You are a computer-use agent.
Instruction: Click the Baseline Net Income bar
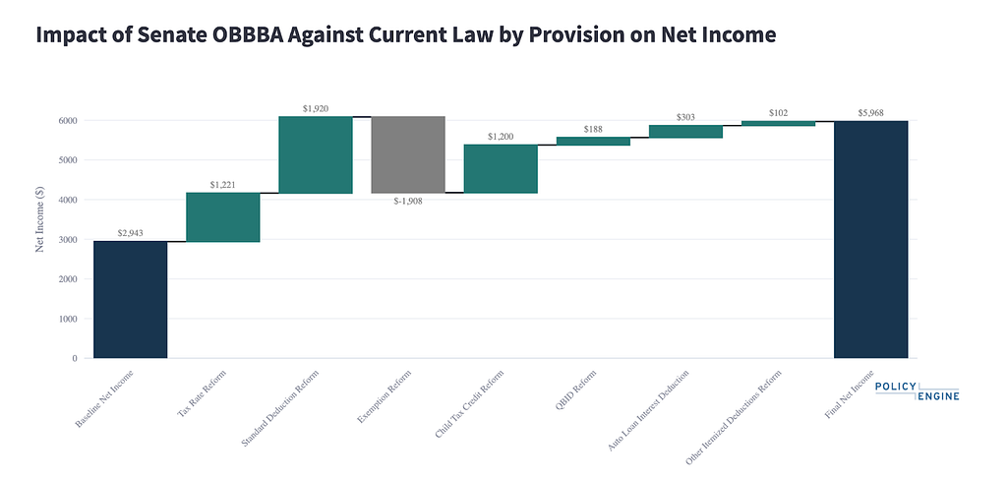coord(131,299)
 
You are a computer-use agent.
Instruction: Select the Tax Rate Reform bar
coord(223,217)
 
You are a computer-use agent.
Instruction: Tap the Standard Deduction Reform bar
coord(316,154)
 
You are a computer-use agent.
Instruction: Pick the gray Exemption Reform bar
coord(408,154)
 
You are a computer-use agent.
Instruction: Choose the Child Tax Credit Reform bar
coord(501,169)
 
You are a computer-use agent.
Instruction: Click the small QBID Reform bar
coord(593,142)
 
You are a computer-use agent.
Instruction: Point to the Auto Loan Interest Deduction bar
coord(685,131)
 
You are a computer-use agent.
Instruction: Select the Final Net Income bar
coord(871,239)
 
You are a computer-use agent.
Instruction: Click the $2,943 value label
coord(131,233)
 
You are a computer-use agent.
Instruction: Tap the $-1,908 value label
coord(408,201)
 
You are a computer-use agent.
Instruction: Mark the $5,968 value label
coord(871,112)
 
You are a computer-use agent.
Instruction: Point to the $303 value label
coord(685,117)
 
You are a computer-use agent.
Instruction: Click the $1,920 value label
coord(316,108)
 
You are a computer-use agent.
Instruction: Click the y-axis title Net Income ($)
coord(39,219)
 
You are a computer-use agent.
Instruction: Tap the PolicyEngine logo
coord(918,390)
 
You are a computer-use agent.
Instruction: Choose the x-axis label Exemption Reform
coord(385,396)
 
